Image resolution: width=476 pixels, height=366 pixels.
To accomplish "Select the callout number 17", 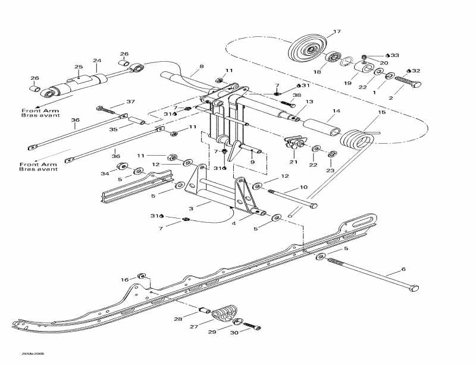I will click(337, 31).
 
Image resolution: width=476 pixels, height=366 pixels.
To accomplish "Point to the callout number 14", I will click(336, 111).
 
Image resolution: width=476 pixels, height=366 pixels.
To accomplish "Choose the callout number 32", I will click(416, 71).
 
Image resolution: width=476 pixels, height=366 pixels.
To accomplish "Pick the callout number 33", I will click(394, 55).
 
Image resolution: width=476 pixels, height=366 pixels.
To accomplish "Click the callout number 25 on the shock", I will click(78, 67).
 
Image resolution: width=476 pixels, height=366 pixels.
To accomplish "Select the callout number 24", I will click(97, 60).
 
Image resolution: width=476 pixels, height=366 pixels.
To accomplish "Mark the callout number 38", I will click(297, 96).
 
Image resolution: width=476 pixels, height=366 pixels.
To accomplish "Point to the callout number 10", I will click(303, 187).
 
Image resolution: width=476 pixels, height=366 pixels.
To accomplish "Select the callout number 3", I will click(191, 209).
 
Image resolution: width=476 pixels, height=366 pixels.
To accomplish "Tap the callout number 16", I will click(124, 279).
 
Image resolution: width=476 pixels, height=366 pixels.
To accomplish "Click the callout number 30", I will click(233, 333).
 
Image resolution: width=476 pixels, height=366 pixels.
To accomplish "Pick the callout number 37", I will click(131, 102).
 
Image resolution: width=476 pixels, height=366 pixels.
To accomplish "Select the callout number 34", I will click(105, 173).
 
